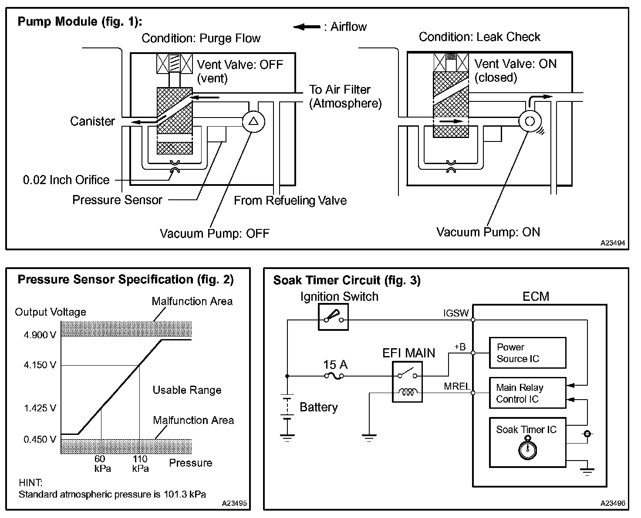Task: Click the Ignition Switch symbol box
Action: click(333, 316)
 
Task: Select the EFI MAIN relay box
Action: click(407, 382)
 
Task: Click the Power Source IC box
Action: click(527, 353)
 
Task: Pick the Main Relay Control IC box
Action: click(527, 393)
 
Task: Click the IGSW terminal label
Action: click(456, 313)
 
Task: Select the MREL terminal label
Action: click(457, 386)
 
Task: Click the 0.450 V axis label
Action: click(40, 439)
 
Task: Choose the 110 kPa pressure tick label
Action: click(140, 464)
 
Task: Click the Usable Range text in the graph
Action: click(187, 390)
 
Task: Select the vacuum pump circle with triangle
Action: click(253, 121)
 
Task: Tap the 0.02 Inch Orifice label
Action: click(66, 180)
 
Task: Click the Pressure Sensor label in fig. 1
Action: click(117, 200)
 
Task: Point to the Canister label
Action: click(92, 121)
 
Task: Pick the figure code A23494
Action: click(613, 243)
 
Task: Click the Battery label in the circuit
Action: click(319, 407)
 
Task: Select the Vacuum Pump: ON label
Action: click(488, 232)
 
